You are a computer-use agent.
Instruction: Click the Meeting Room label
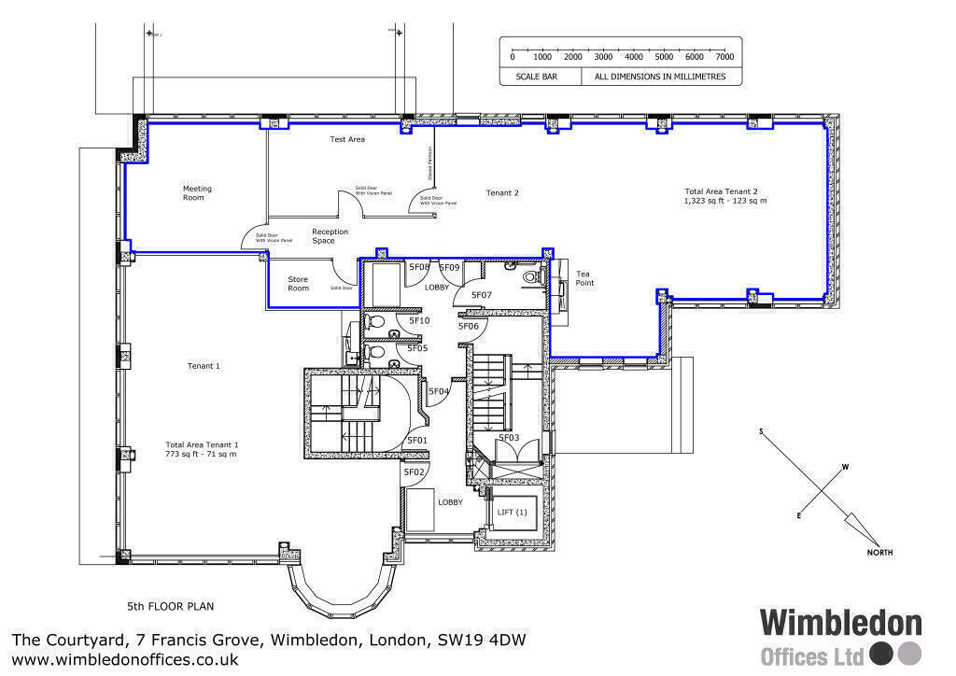tap(197, 193)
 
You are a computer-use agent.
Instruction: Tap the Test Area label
tap(347, 139)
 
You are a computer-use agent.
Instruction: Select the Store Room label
tap(298, 283)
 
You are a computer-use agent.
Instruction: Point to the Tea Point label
tap(583, 278)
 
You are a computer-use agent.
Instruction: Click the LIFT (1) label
tap(512, 513)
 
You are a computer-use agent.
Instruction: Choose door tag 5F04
tap(439, 391)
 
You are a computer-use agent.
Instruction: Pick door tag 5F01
tap(417, 441)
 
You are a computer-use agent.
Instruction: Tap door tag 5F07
tap(481, 295)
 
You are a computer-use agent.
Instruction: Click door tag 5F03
tap(509, 437)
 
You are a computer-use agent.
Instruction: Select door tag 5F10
tap(419, 320)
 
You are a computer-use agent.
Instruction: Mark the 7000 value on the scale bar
tap(724, 57)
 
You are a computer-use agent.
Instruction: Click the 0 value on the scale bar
tap(512, 57)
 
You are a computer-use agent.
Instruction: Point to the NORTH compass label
tap(879, 553)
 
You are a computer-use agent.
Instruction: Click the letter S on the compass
tap(761, 431)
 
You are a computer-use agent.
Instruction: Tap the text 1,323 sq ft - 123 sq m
tap(725, 201)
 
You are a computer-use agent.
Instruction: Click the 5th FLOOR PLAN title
tap(171, 606)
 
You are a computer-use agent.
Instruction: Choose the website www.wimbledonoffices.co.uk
tap(125, 659)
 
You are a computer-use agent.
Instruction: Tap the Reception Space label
tap(330, 236)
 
